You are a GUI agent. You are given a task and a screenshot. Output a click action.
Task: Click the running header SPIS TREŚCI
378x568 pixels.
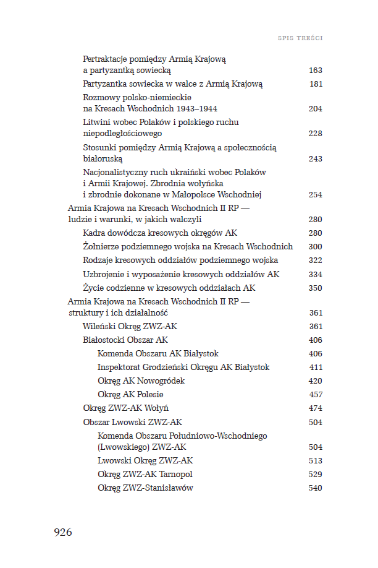301,38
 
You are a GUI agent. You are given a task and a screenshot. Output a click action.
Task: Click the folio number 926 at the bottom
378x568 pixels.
63,532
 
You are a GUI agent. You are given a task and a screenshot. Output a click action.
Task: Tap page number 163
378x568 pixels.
315,71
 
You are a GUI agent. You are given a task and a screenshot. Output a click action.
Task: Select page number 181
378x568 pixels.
315,84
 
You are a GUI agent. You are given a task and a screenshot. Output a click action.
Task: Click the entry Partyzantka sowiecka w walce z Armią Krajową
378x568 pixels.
173,84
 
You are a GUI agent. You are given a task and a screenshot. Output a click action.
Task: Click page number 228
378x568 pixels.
315,134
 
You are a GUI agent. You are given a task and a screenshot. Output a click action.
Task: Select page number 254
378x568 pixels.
315,195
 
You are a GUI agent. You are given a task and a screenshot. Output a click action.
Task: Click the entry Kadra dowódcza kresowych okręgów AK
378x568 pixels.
160,233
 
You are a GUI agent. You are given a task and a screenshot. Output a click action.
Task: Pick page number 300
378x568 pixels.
315,247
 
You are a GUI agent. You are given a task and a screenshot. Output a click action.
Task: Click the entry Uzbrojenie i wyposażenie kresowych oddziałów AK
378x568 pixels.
181,274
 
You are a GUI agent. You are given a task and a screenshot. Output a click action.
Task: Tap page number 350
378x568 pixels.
315,288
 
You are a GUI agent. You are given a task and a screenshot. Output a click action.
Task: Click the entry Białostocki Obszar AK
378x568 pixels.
125,340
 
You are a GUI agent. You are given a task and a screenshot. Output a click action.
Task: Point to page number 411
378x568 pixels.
315,368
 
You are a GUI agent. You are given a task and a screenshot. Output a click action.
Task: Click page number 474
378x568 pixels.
315,408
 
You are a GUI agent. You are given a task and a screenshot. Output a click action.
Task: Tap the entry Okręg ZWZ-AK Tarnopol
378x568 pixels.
145,474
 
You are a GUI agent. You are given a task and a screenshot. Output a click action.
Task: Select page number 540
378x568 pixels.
315,488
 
